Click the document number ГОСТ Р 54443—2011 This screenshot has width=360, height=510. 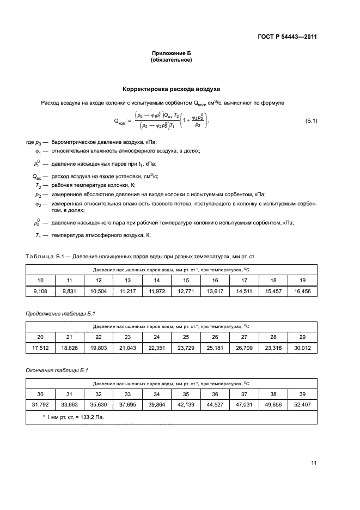pos(286,37)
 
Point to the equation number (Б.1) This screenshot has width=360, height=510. pos(311,120)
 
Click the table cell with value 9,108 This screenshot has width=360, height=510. pos(40,292)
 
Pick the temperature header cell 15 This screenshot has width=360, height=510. pos(186,280)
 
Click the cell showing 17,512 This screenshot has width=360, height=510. pos(40,348)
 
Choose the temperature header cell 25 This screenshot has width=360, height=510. pos(186,337)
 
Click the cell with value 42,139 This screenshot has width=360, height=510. pos(186,405)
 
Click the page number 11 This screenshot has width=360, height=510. pos(313,463)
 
